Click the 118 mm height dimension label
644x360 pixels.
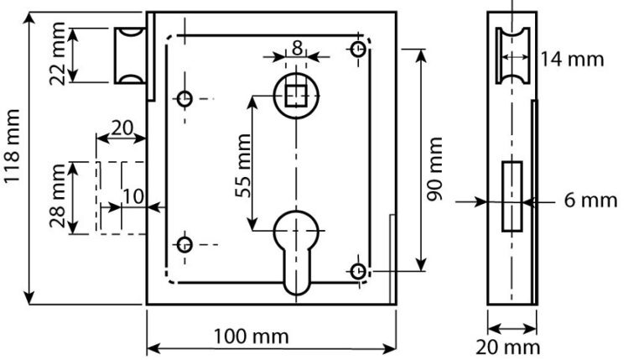[11, 146]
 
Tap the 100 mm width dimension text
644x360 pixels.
[252, 337]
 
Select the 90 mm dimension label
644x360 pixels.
[434, 169]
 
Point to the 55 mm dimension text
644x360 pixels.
[243, 165]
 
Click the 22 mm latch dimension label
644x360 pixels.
[57, 55]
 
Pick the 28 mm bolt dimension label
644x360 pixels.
[57, 196]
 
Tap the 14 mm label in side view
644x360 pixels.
[572, 60]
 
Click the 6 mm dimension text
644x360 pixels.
[590, 201]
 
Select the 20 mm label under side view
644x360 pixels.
[507, 347]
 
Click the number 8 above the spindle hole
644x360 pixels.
[297, 48]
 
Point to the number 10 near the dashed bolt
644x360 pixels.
[133, 197]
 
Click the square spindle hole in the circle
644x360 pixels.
[296, 97]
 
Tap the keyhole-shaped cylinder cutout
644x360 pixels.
[296, 252]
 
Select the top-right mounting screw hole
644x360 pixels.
[358, 50]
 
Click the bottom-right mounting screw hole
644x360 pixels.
[358, 271]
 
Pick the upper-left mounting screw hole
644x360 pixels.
[184, 99]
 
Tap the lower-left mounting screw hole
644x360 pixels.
[184, 245]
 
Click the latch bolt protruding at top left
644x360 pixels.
[130, 55]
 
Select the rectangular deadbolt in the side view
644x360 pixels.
[512, 196]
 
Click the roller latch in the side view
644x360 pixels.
[512, 55]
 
